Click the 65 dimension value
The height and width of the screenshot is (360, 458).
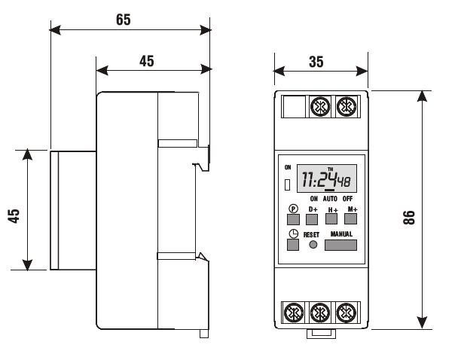point(124,20)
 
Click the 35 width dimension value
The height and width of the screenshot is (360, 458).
point(316,62)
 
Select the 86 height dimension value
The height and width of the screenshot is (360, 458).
point(409,218)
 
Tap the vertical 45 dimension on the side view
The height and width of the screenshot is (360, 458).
point(14,216)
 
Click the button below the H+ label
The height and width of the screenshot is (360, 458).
point(331,219)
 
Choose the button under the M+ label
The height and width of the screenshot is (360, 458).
point(350,219)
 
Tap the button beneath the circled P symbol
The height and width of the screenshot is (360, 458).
point(293,220)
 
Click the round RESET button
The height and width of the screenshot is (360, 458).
point(313,245)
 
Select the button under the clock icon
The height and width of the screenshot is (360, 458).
point(293,245)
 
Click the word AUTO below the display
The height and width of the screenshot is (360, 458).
point(330,199)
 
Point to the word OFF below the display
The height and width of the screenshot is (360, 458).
point(347,199)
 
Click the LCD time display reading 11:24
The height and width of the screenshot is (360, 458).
point(327,178)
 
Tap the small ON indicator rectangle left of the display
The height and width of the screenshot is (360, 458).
point(288,185)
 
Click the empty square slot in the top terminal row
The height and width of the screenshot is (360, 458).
point(295,107)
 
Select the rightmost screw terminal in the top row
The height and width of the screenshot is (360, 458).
point(347,107)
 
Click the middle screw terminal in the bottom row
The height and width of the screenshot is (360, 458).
point(320,313)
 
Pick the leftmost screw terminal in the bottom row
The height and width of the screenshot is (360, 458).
point(294,313)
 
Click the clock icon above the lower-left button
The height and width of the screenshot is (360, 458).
point(294,234)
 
